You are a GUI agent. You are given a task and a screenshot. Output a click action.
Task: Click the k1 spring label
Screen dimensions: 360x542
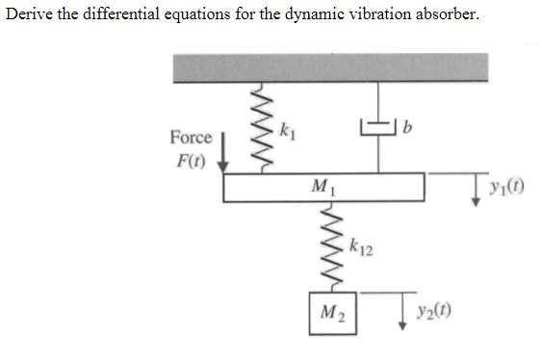(x=286, y=129)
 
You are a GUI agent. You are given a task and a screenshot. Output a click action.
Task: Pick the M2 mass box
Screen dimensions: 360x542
(x=333, y=312)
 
